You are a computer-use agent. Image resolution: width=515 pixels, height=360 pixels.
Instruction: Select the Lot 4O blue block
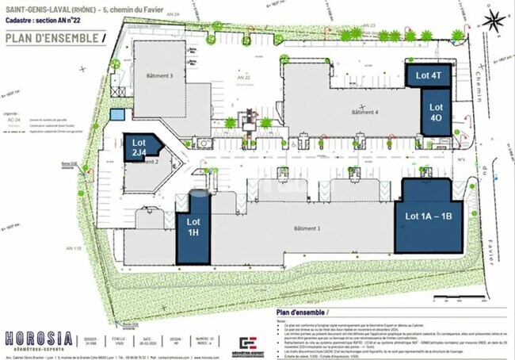pyautogui.click(x=436, y=111)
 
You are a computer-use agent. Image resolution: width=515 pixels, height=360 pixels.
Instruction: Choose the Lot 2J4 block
pyautogui.click(x=141, y=147)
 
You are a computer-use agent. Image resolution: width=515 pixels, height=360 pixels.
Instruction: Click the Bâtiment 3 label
pyautogui.click(x=160, y=76)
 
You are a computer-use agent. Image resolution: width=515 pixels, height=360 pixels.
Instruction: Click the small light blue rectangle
pyautogui.click(x=117, y=114)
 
